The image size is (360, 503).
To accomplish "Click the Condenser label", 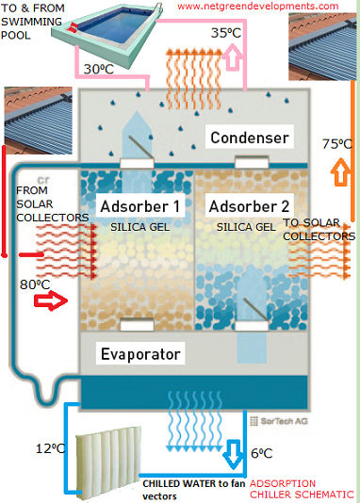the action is click(250, 138).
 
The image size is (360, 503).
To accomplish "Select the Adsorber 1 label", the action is click(139, 206).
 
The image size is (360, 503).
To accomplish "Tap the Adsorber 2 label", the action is click(249, 206).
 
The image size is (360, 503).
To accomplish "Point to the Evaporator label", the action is click(140, 354).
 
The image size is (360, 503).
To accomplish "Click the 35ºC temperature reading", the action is click(226, 33).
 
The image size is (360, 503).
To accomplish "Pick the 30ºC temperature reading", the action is click(99, 69).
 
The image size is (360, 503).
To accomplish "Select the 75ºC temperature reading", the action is click(337, 144).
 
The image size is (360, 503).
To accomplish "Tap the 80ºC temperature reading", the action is click(35, 284).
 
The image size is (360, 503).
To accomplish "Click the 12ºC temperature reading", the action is click(50, 448).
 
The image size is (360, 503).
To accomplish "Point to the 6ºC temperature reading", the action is click(261, 453).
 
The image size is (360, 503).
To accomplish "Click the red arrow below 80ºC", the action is click(51, 300).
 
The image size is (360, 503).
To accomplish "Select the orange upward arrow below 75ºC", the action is click(340, 172).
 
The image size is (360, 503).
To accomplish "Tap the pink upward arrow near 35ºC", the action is click(235, 57).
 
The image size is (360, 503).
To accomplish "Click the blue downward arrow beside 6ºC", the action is click(233, 454).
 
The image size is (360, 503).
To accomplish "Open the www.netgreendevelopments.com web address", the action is click(258, 6).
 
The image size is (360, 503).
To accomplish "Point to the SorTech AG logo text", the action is click(279, 421).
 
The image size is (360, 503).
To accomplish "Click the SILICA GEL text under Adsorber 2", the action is click(246, 227).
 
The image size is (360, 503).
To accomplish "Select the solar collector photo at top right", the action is click(322, 46).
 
